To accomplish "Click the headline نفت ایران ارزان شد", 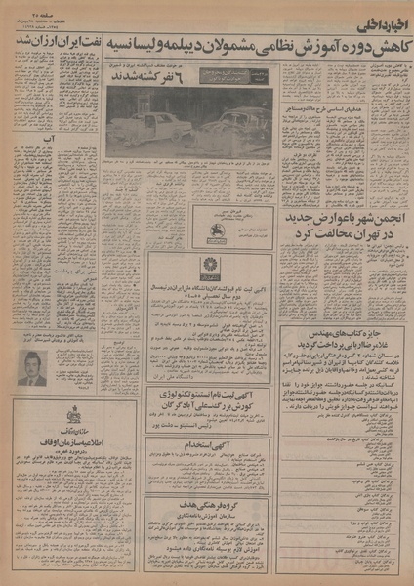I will (52, 45).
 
